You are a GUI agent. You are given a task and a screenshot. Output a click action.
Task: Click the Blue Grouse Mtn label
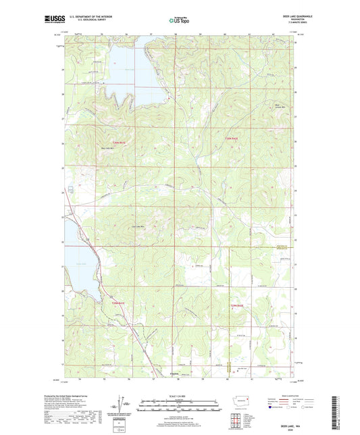(x=265, y=106)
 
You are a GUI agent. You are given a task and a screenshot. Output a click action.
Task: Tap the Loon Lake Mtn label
(x=138, y=226)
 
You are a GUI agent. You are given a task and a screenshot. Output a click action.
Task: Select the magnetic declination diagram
(x=126, y=405)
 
